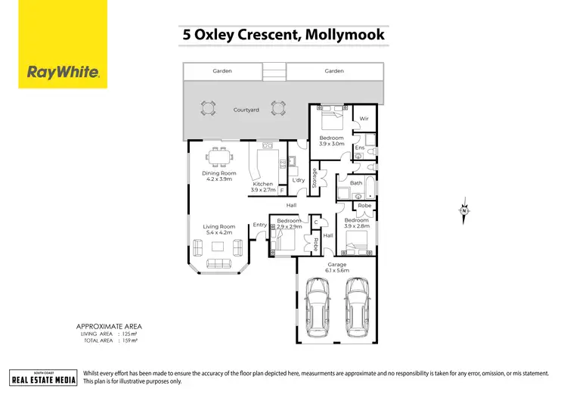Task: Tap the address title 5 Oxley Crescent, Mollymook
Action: tap(283, 34)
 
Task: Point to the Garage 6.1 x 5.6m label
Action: tap(335, 267)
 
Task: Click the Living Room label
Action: tap(218, 229)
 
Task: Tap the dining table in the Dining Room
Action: tap(220, 159)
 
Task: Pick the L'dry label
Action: tap(298, 180)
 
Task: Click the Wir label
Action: tap(364, 119)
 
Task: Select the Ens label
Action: tap(359, 148)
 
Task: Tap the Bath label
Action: tap(355, 183)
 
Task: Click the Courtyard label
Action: tap(246, 110)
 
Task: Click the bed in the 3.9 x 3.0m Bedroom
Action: tap(330, 120)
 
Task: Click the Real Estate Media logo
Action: tap(43, 378)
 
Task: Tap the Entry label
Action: tap(259, 225)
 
